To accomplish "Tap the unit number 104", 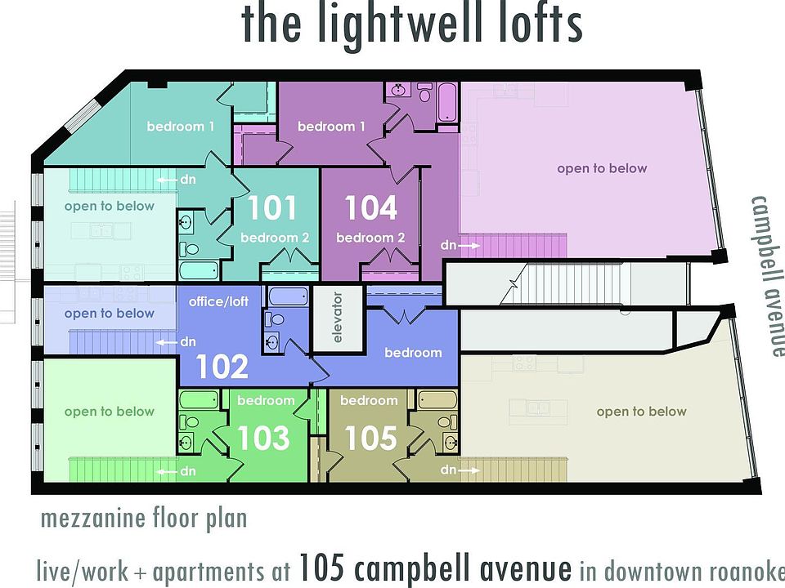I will pyautogui.click(x=370, y=207).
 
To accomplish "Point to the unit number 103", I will pyautogui.click(x=262, y=439).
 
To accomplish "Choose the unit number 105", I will pyautogui.click(x=370, y=439).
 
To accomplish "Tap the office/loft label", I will pyautogui.click(x=218, y=302).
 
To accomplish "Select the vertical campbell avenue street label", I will pyautogui.click(x=768, y=276).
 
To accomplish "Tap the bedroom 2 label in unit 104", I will pyautogui.click(x=370, y=238).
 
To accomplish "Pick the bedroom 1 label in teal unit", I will pyautogui.click(x=181, y=127).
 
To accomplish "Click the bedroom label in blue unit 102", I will pyautogui.click(x=413, y=353).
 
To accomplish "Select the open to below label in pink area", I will pyautogui.click(x=602, y=168).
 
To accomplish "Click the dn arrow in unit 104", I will pyautogui.click(x=458, y=244).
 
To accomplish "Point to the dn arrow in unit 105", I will pyautogui.click(x=458, y=470).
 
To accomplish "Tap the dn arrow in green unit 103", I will pyautogui.click(x=178, y=471).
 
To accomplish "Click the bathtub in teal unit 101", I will pyautogui.click(x=199, y=269).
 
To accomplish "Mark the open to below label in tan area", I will pyautogui.click(x=641, y=412).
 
